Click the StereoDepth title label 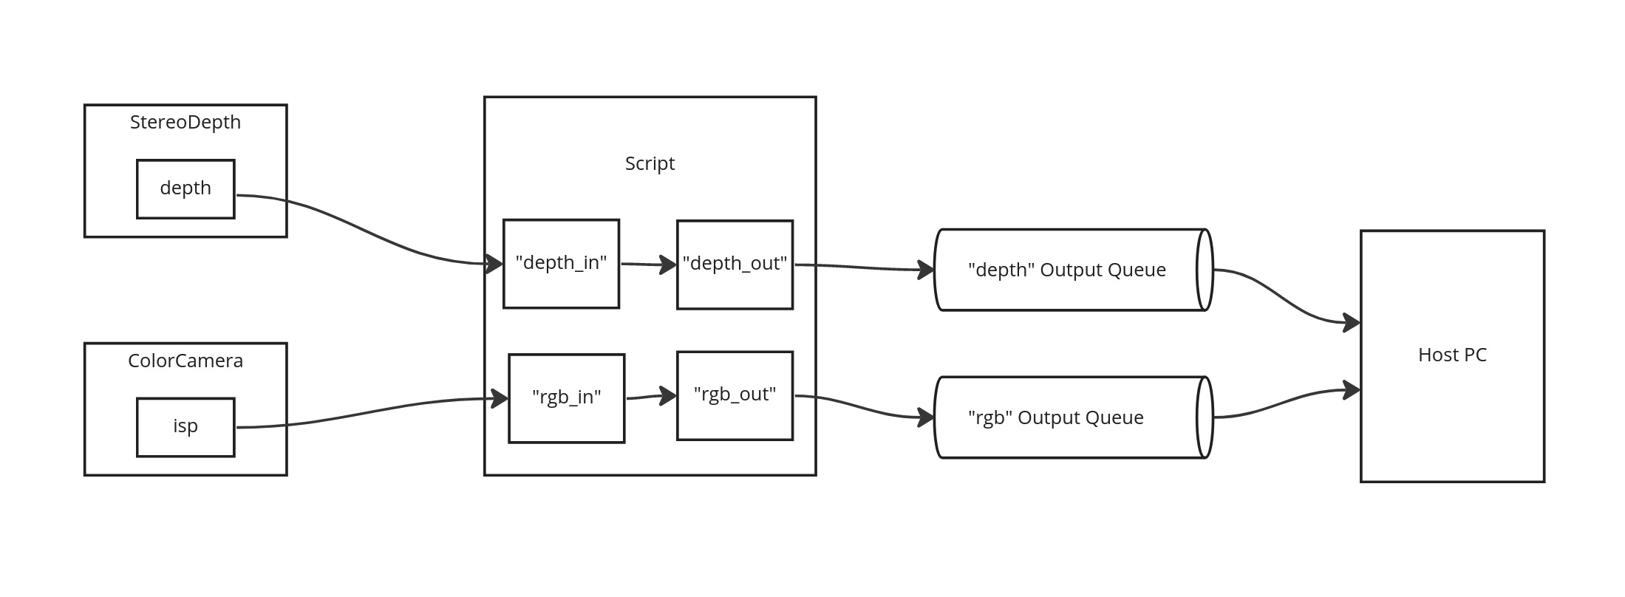(185, 122)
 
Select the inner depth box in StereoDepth (185, 188)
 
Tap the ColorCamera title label (185, 361)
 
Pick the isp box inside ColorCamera (185, 427)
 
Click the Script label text (650, 163)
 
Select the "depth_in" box (561, 263)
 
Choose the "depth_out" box (735, 264)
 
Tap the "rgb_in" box (566, 398)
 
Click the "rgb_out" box (735, 395)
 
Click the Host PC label (1452, 355)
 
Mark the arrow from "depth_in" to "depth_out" (647, 264)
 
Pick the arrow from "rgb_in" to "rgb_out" (650, 398)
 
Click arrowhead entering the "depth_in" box (495, 264)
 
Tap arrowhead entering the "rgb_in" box (500, 399)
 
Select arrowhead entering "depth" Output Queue (926, 270)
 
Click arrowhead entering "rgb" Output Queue (926, 417)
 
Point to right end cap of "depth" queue (1205, 270)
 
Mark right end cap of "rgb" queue (1205, 417)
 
